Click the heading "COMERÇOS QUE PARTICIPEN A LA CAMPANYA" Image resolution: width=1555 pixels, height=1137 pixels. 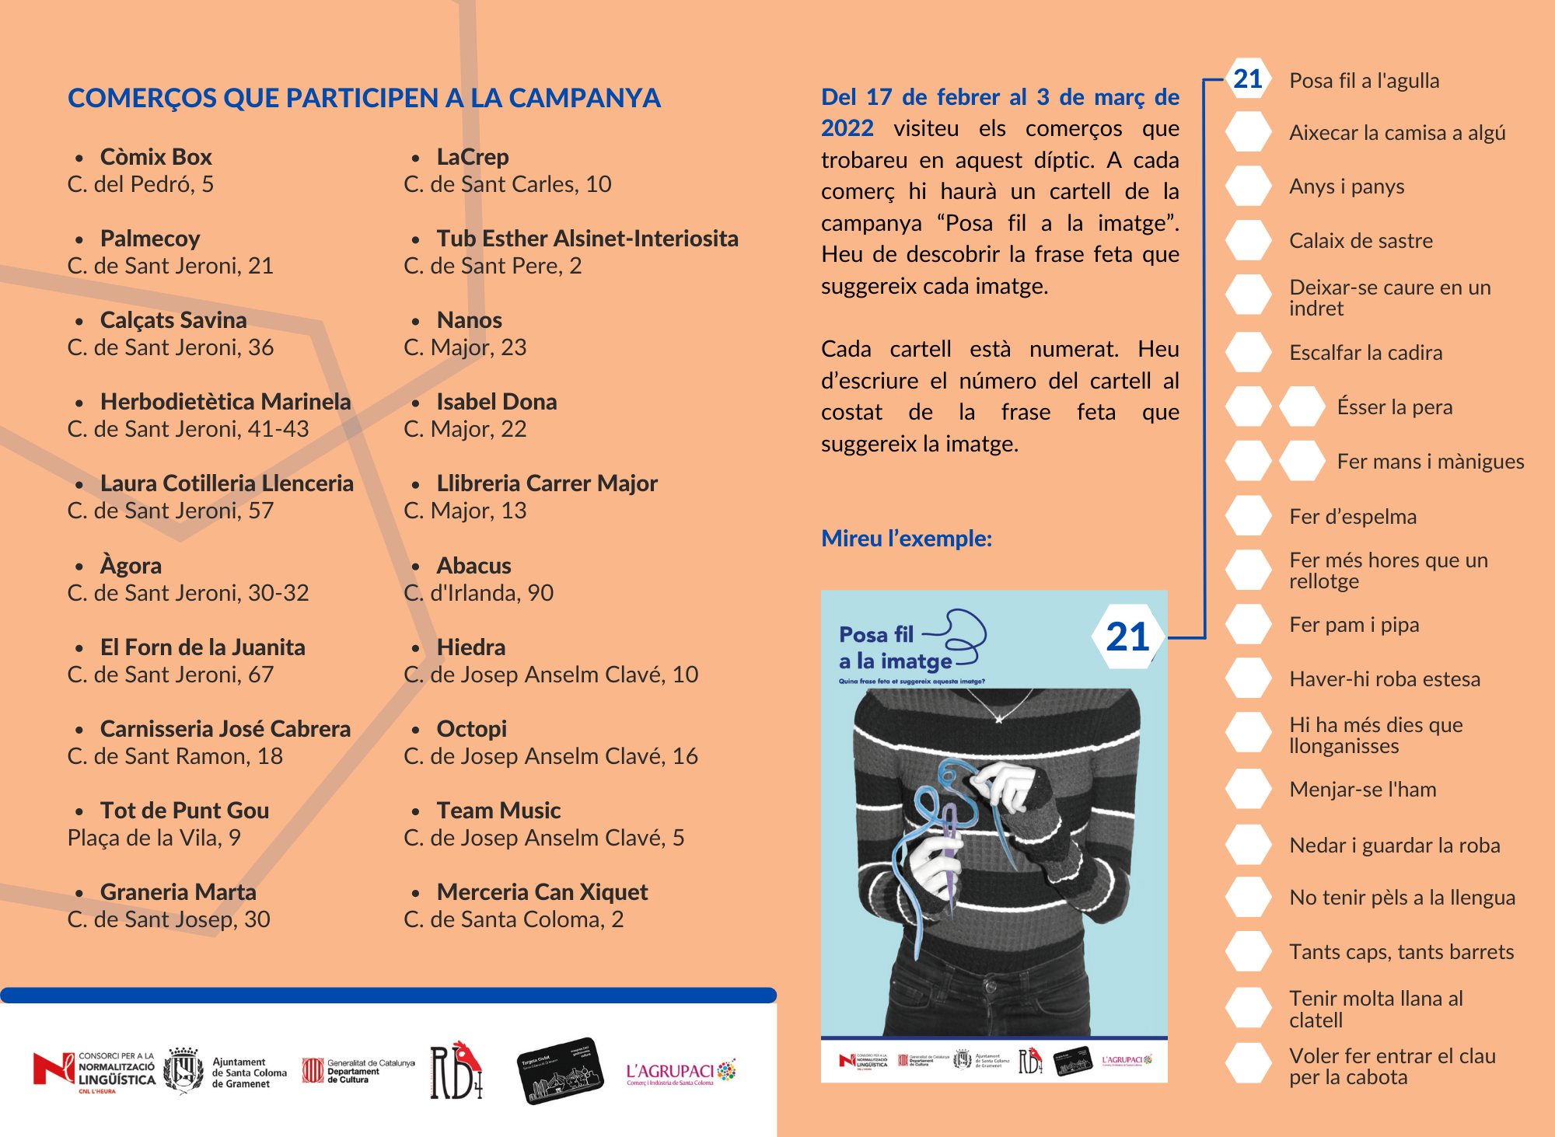coord(364,98)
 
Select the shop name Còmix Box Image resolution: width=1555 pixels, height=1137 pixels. coord(155,157)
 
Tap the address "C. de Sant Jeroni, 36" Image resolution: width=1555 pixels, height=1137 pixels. coord(170,347)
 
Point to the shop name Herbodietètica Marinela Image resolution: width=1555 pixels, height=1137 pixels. coord(225,402)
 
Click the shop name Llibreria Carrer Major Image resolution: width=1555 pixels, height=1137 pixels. coord(547,483)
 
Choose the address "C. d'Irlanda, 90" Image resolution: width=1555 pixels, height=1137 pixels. coord(478,593)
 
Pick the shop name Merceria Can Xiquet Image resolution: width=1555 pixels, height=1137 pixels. coord(542,892)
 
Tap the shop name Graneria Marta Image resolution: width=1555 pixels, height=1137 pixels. coord(178,892)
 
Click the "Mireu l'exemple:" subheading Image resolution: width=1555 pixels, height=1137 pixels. coord(907,538)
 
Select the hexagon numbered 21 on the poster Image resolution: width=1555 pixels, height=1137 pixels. coord(1127,637)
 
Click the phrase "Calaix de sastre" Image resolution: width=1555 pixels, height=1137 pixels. coord(1361,241)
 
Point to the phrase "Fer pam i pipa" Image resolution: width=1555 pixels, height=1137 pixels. coord(1354,625)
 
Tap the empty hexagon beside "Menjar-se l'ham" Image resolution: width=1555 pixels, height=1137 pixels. coord(1248,790)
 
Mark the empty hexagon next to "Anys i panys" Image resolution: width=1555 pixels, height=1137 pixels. coord(1248,187)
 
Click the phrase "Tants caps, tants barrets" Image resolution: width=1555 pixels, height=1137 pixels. coord(1401,952)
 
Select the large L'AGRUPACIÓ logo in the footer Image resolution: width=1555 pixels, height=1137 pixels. coord(681,1072)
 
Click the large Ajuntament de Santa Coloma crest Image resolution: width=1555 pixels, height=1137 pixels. coord(183,1071)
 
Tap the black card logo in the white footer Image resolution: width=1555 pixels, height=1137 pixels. coord(560,1071)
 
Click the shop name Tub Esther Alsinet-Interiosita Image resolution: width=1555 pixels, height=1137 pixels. coord(587,239)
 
